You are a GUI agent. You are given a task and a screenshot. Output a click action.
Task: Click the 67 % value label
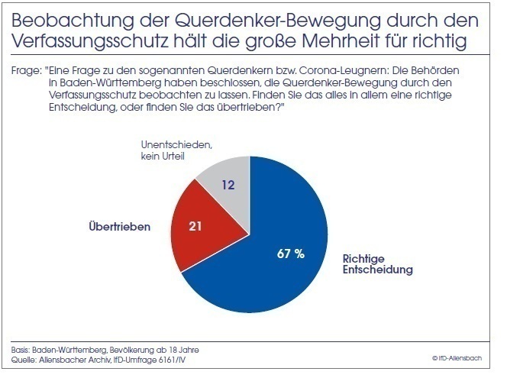[x=291, y=254]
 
